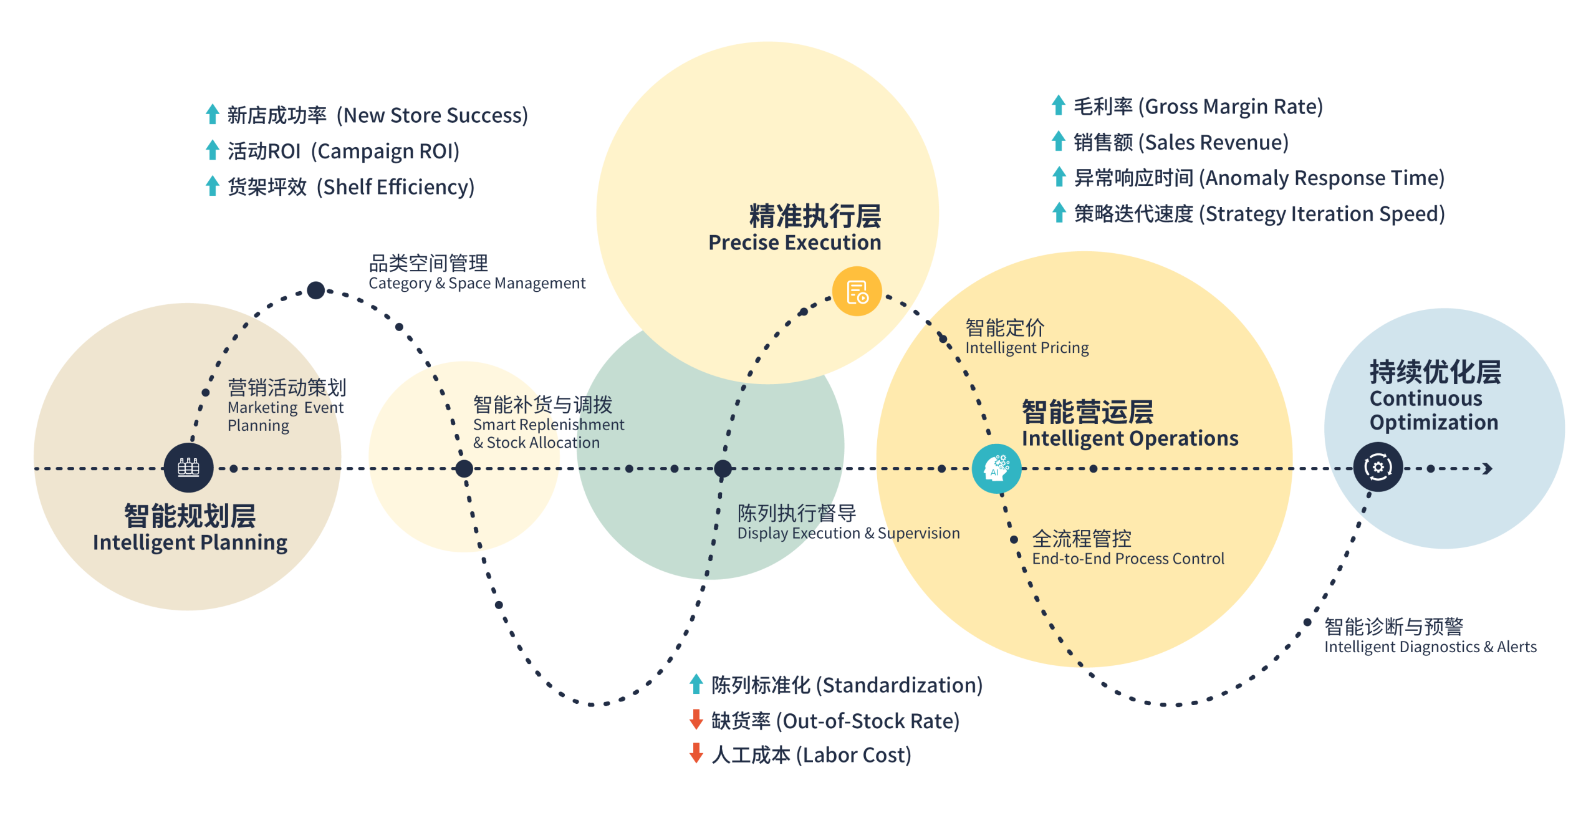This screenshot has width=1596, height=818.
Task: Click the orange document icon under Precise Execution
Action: pos(857,291)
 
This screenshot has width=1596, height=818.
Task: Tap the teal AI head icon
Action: pos(996,468)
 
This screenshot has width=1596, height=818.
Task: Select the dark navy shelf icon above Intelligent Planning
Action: pos(188,468)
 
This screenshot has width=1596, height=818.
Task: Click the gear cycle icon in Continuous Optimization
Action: pos(1378,467)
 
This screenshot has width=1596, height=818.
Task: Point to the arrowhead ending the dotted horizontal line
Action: pos(1488,468)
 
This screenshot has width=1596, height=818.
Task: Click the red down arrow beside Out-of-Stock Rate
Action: pos(696,719)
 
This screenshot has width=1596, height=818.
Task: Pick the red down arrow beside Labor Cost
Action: pos(696,754)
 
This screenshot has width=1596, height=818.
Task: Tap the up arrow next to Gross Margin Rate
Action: pos(1058,105)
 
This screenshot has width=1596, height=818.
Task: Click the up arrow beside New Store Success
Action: pos(213,114)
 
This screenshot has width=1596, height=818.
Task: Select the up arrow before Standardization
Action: pos(696,684)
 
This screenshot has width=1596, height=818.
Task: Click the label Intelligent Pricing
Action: pos(1027,347)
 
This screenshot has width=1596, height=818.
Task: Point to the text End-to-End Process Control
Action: pos(1128,558)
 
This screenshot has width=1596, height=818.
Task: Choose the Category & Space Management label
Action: pos(477,283)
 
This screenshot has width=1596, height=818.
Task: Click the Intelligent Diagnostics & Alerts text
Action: pos(1430,647)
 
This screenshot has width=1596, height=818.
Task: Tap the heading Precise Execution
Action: pos(794,242)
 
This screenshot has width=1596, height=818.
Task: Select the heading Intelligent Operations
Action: pos(1130,438)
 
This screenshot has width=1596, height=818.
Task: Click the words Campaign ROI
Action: pos(385,151)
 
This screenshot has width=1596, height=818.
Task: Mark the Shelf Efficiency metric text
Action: pos(395,186)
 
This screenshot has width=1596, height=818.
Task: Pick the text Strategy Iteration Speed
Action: pos(1324,214)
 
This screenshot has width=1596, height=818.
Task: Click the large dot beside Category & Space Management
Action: pos(316,290)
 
